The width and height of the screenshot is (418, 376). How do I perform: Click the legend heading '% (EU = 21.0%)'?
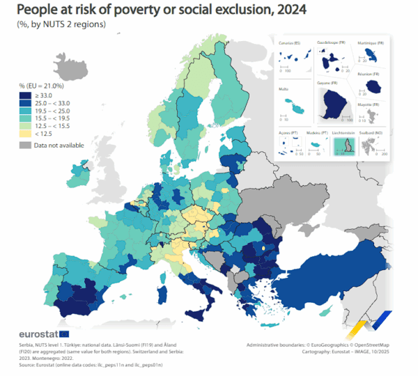tap(42, 86)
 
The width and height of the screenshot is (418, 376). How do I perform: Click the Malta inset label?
tap(283, 89)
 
